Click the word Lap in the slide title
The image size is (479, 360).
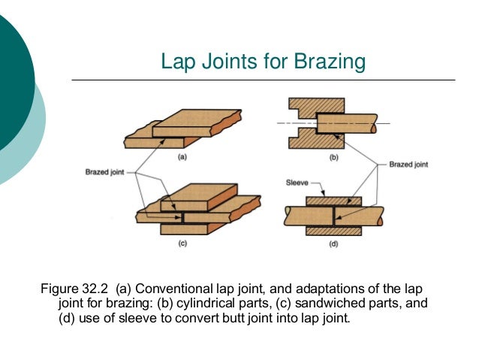(x=177, y=62)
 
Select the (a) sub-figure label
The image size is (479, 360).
(x=182, y=158)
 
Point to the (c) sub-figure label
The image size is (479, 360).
(x=182, y=245)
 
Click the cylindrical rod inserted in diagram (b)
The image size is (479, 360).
(x=353, y=122)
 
